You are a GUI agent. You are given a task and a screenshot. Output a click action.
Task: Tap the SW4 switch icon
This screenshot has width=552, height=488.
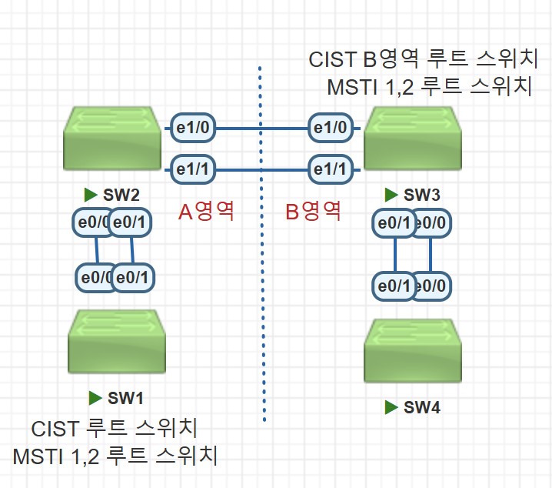(x=413, y=350)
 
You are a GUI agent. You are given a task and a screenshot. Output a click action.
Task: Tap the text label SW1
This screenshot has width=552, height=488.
(x=125, y=398)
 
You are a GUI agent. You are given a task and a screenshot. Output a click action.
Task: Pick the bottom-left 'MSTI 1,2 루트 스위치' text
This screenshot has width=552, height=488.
(x=115, y=456)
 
